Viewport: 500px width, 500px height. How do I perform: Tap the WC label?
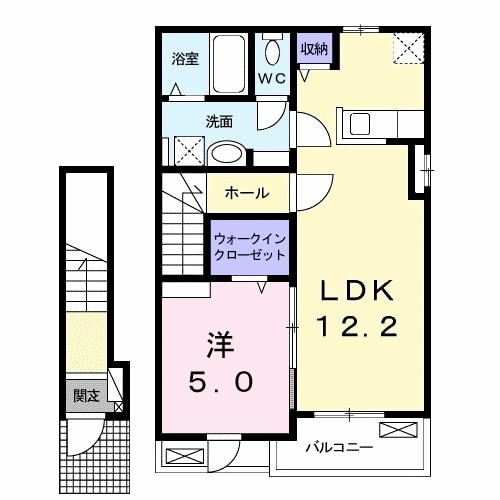click(x=272, y=77)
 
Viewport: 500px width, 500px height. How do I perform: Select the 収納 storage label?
click(x=312, y=48)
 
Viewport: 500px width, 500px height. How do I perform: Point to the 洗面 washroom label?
click(x=219, y=122)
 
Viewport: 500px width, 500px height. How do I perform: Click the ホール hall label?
click(x=246, y=192)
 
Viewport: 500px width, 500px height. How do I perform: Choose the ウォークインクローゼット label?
click(x=249, y=247)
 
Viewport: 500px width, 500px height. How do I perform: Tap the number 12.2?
click(x=359, y=325)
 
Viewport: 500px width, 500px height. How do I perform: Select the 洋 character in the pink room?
click(x=222, y=346)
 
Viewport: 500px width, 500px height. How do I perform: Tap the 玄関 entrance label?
click(x=86, y=395)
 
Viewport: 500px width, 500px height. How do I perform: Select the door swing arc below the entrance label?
click(x=91, y=430)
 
